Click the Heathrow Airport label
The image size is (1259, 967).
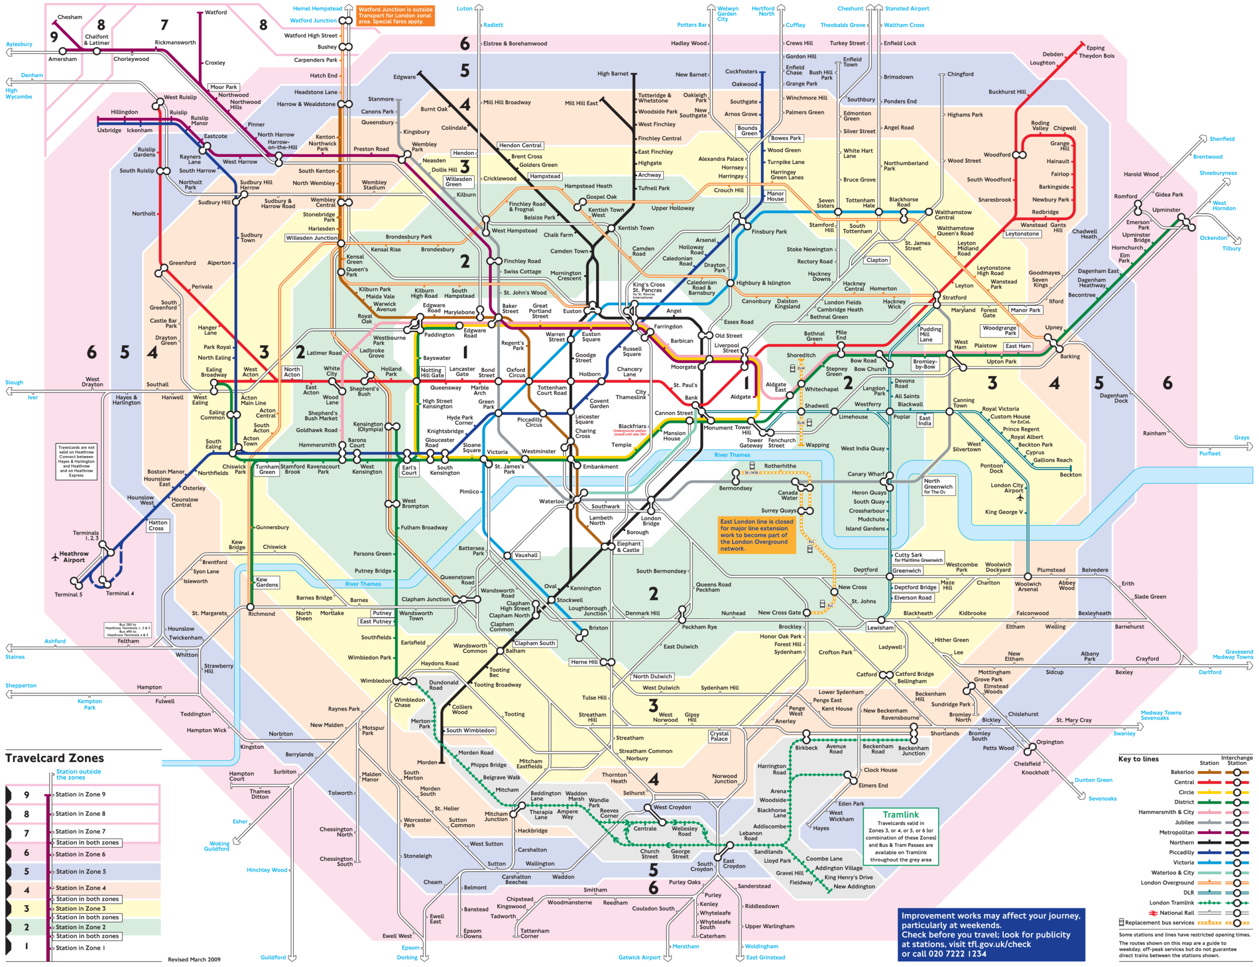[74, 557]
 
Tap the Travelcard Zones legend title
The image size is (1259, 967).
[55, 758]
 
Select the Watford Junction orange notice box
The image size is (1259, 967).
[395, 16]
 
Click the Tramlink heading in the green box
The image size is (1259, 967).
[900, 815]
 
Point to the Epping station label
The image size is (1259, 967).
[1095, 48]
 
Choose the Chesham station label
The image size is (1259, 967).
[70, 17]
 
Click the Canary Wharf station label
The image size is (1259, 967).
[866, 474]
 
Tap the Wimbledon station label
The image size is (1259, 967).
[375, 680]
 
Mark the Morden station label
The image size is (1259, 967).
[427, 762]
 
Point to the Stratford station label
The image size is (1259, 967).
[954, 298]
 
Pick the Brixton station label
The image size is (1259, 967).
[598, 628]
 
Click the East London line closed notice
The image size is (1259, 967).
[756, 535]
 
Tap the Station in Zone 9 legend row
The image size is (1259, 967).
[80, 794]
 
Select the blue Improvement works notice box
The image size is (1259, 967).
[991, 934]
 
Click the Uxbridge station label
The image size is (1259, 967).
[109, 130]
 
